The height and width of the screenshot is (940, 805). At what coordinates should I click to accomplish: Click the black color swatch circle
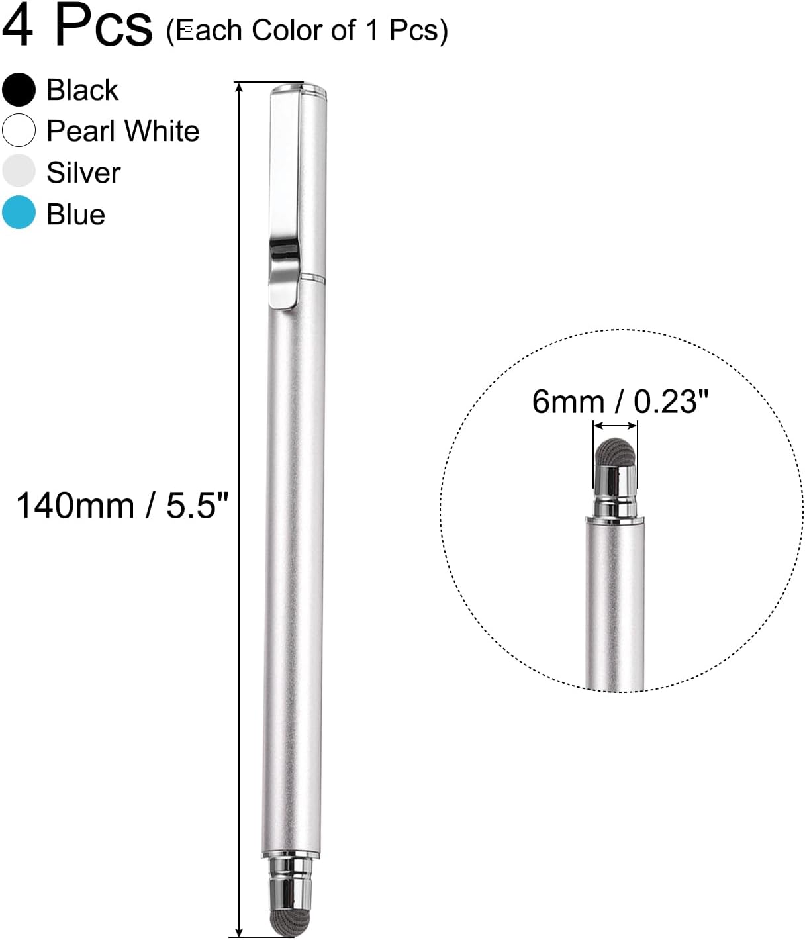19,89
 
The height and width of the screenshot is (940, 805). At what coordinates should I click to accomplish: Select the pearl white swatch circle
19,130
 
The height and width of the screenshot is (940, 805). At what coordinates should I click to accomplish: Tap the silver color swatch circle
19,171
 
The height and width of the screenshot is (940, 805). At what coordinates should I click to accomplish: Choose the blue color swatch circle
19,213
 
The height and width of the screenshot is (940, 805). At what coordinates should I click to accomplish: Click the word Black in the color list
82,90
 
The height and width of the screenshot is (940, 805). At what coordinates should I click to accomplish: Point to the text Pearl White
122,131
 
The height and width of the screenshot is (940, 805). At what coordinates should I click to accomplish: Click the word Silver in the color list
83,173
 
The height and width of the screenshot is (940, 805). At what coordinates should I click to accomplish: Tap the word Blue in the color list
75,214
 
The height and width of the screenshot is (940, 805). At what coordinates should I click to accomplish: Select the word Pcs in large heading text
103,26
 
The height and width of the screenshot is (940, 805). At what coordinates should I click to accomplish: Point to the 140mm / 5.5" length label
122,506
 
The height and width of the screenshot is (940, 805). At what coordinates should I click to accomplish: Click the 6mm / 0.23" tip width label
620,401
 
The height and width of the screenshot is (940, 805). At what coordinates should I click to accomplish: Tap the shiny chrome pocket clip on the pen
285,265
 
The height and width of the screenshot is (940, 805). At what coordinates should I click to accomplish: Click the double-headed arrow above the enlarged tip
615,426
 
